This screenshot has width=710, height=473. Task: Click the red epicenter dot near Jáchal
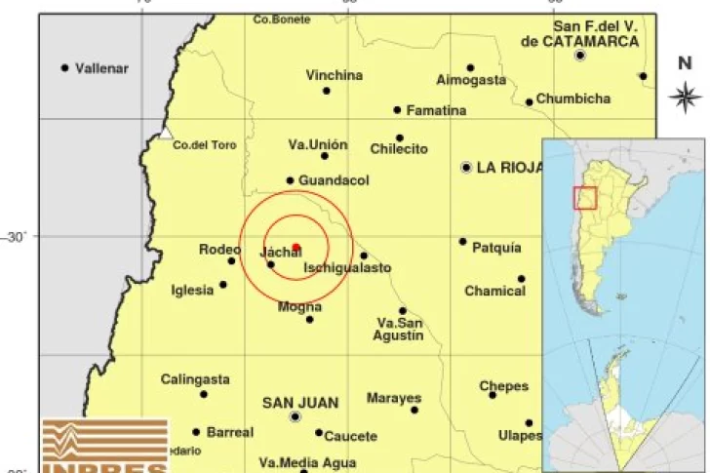pos(296,247)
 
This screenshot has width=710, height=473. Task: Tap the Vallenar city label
pos(102,68)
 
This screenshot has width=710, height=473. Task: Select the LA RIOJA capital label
pos(509,168)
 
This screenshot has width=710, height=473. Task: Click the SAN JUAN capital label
pos(300,402)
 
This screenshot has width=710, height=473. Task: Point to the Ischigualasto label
pos(347,267)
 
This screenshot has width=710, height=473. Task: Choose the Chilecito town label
pos(399,149)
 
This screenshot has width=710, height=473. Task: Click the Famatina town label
pos(436,110)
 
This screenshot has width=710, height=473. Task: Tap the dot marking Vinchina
pos(327,91)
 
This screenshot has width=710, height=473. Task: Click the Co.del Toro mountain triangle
pos(166,133)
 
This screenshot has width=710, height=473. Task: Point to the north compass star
pos(685,96)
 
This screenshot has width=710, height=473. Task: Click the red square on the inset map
pos(584,197)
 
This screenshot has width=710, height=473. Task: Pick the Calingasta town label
pos(195,379)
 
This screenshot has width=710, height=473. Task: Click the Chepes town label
pos(503,386)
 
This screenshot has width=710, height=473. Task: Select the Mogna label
pos(299,307)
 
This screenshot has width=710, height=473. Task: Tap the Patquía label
pos(496,248)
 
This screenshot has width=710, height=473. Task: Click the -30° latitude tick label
pos(17,236)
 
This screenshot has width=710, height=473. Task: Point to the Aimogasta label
pos(471,80)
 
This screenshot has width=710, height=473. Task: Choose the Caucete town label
pos(350,436)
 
